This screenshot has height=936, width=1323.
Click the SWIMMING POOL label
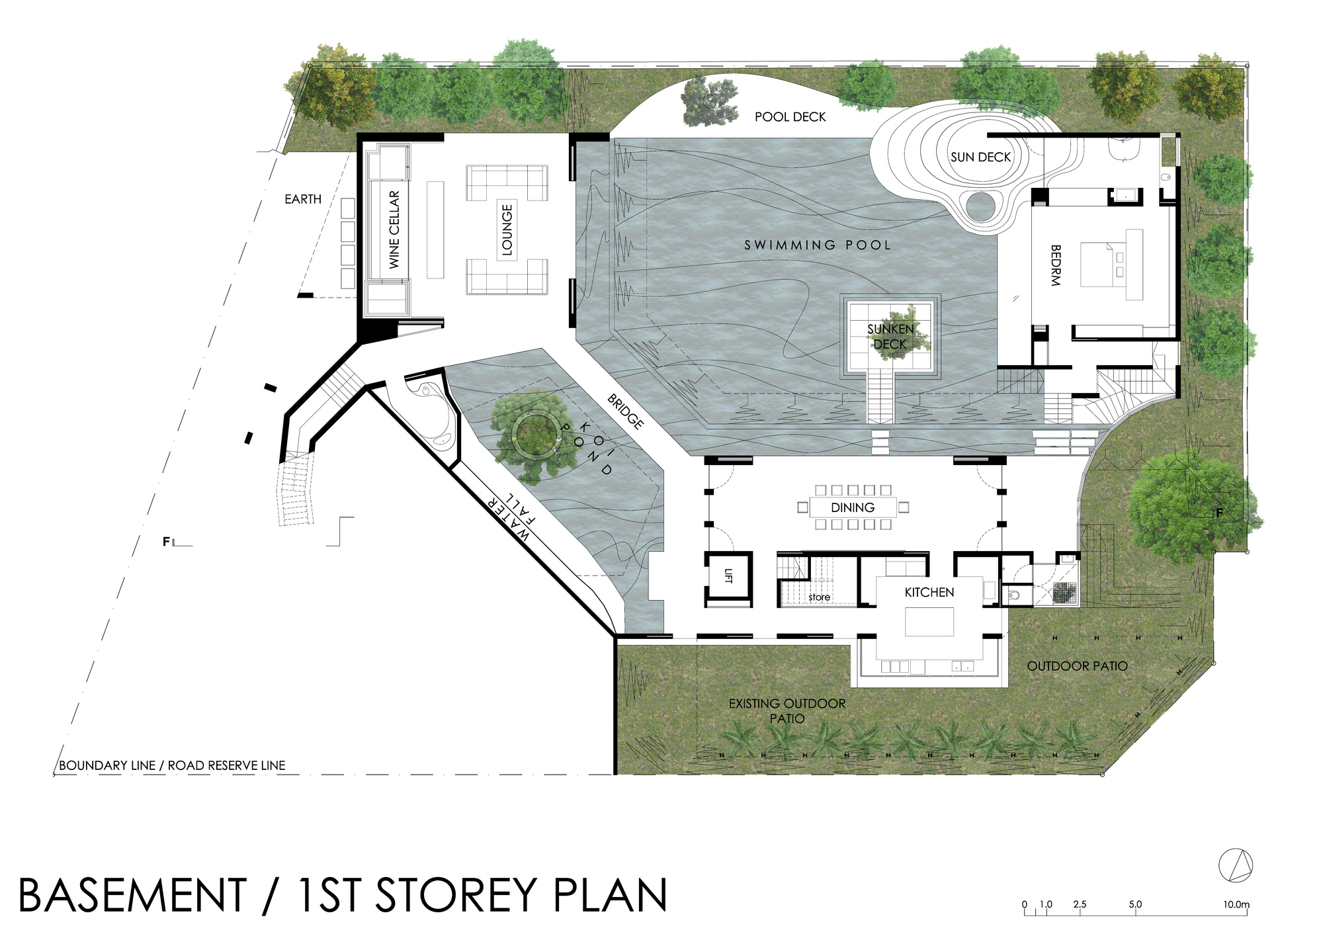(x=818, y=245)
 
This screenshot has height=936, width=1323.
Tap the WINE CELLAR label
(x=394, y=230)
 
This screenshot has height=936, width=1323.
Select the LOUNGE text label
(x=507, y=230)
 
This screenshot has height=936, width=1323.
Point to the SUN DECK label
(x=980, y=157)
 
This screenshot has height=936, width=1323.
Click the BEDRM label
(x=1056, y=265)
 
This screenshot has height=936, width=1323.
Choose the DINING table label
(x=853, y=507)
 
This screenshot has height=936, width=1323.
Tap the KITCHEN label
(x=929, y=592)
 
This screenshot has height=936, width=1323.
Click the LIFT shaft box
(x=728, y=578)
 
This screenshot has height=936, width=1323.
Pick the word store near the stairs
(x=819, y=597)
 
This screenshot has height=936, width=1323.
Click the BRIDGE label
(x=625, y=411)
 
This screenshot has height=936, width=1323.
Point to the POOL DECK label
(x=790, y=117)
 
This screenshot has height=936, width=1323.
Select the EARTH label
(x=303, y=199)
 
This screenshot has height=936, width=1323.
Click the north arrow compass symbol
(x=1236, y=865)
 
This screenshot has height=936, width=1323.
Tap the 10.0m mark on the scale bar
(x=1236, y=904)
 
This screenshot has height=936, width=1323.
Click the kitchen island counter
(x=929, y=622)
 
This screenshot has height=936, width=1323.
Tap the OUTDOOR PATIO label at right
(x=1077, y=666)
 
